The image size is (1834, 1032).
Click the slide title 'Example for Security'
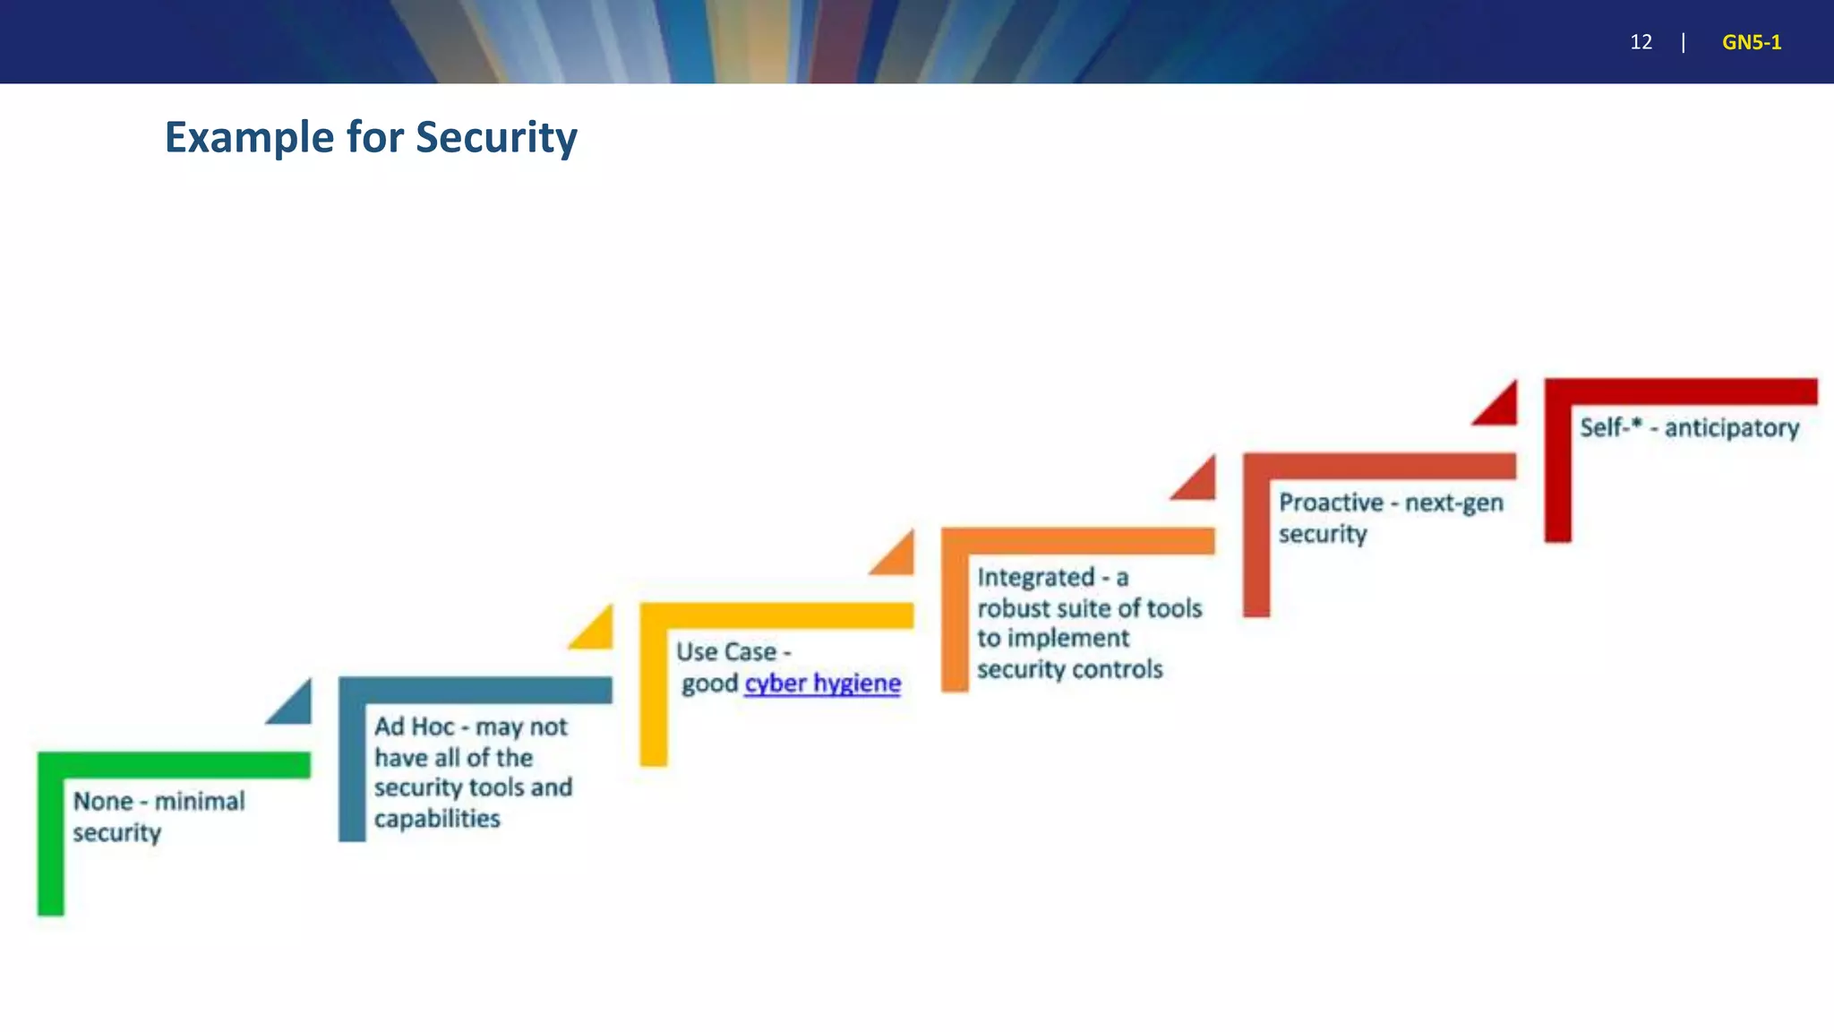point(371,138)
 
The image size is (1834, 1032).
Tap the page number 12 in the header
point(1641,42)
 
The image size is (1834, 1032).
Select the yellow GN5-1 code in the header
point(1751,42)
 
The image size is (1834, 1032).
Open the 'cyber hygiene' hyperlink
point(822,684)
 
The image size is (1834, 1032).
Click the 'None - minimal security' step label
point(158,816)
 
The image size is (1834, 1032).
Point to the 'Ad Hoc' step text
point(472,772)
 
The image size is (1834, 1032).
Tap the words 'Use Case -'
point(733,652)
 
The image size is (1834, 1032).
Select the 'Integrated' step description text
point(1088,623)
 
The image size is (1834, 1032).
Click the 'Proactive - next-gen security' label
point(1390,518)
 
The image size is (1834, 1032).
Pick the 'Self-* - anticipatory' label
point(1689,428)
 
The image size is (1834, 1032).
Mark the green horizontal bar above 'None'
point(174,765)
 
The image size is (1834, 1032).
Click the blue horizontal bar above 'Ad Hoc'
point(476,690)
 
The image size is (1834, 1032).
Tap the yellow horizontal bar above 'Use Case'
point(776,615)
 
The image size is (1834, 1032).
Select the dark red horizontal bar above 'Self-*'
point(1681,391)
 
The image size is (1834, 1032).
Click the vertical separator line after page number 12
point(1684,42)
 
